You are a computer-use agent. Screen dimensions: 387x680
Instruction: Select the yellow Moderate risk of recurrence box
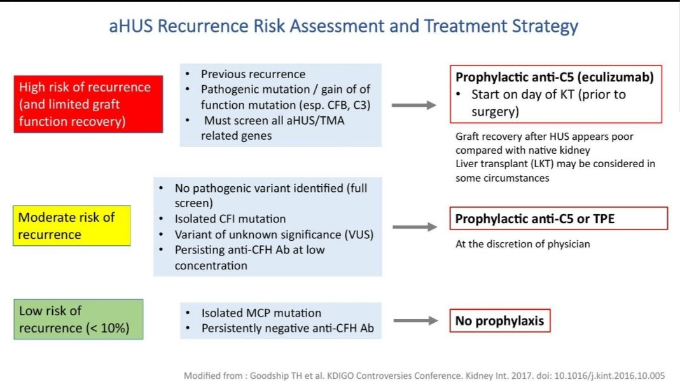[x=72, y=226]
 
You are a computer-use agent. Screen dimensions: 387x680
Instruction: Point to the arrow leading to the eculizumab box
[x=413, y=105]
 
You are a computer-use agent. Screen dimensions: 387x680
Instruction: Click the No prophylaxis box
[x=499, y=321]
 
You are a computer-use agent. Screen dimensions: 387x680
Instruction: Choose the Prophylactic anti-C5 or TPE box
[x=559, y=219]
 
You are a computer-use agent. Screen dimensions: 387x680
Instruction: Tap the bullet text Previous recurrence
[x=253, y=74]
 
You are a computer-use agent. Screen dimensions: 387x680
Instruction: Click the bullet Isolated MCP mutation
[x=261, y=313]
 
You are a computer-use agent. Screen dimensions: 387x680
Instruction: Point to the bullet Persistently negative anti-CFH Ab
[x=287, y=329]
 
